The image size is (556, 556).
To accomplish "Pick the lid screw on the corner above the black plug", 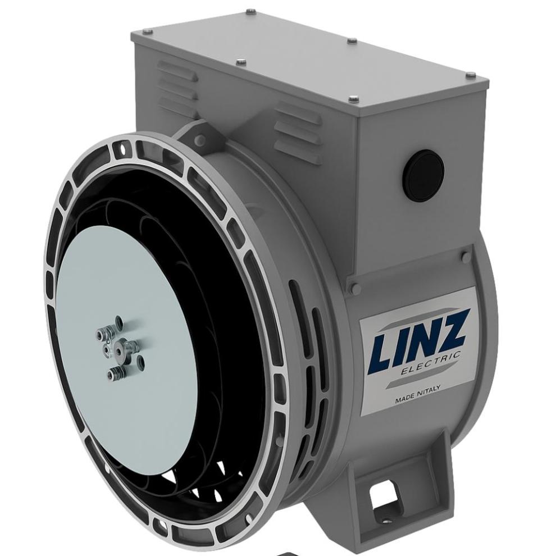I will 353,99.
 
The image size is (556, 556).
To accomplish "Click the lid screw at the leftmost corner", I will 147,31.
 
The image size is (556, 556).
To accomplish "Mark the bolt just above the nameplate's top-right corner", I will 466,257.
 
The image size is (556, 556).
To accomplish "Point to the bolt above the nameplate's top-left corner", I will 354,288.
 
